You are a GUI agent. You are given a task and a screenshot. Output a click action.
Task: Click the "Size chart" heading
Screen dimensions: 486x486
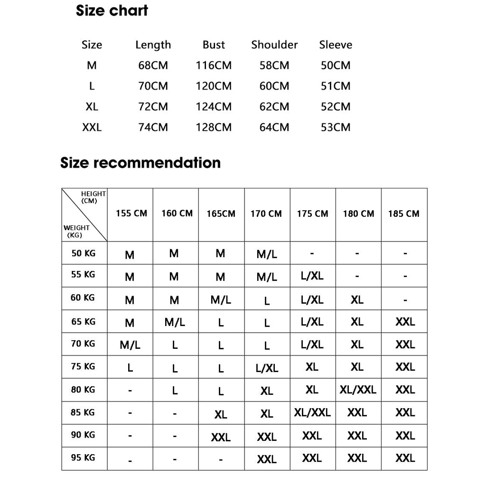tap(112, 11)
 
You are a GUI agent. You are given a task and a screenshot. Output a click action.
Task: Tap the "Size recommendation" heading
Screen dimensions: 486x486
tap(140, 163)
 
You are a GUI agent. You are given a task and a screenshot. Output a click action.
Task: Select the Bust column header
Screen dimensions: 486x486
tap(214, 45)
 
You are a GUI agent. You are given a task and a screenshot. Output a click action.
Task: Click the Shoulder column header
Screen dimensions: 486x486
tap(274, 45)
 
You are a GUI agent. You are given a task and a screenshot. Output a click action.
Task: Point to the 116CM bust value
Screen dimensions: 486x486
tap(214, 65)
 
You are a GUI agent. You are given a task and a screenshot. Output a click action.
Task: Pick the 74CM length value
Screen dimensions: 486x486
tap(153, 127)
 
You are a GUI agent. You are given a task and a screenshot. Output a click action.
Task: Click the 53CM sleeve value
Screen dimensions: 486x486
tap(336, 127)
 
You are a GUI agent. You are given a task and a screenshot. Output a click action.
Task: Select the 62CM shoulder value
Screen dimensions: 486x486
tap(274, 107)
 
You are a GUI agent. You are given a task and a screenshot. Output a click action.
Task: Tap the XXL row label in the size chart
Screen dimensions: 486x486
tap(92, 127)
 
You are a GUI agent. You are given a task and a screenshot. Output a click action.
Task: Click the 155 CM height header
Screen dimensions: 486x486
tap(131, 214)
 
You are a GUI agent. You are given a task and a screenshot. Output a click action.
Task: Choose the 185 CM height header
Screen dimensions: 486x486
tap(403, 214)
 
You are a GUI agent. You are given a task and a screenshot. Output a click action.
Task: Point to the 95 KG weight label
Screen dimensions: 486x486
tap(83, 458)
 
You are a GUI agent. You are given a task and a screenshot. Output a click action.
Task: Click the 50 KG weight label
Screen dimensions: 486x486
tap(84, 253)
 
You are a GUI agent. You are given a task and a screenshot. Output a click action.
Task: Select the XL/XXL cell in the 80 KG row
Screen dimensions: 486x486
tap(358, 390)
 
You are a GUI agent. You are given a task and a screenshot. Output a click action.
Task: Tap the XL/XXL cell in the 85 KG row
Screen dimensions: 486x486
tap(312, 412)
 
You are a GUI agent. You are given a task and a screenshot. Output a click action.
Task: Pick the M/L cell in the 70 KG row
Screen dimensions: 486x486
tap(130, 345)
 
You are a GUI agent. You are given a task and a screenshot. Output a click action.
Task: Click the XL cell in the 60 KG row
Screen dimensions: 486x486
tap(357, 300)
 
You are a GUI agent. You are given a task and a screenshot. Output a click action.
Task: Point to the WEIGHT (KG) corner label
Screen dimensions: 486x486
tap(76, 231)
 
